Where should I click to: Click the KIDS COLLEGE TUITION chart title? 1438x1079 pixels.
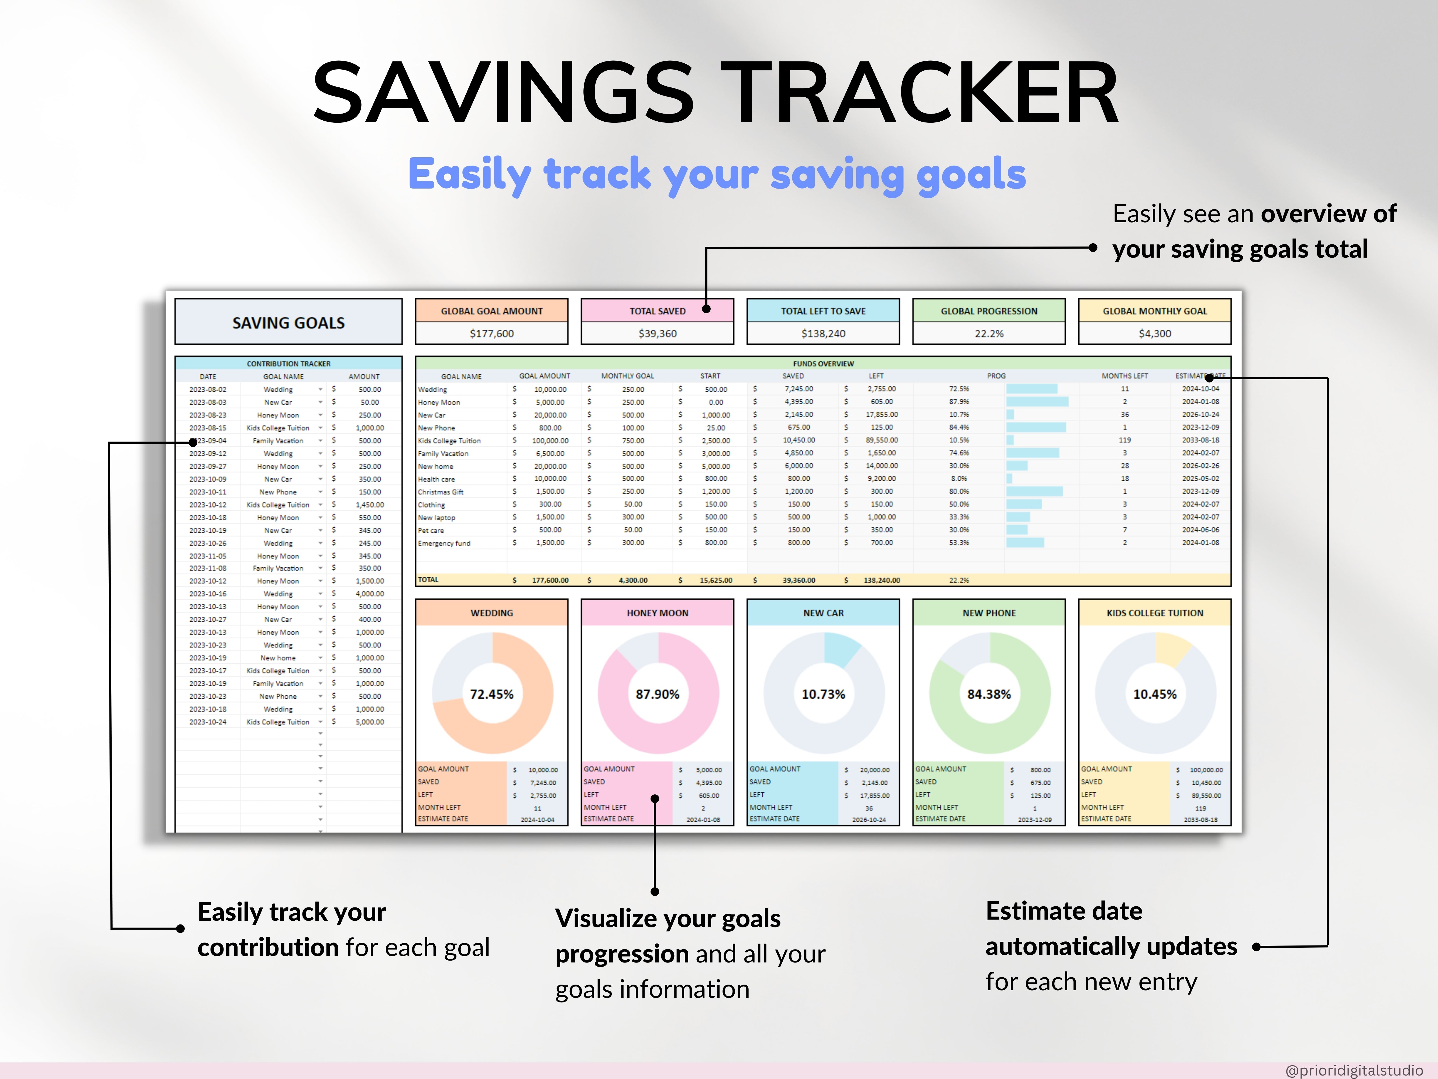click(x=1155, y=613)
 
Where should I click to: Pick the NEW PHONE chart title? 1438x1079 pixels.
click(x=989, y=613)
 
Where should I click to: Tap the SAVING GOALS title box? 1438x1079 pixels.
click(x=289, y=323)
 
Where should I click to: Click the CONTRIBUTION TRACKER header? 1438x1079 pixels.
click(x=289, y=364)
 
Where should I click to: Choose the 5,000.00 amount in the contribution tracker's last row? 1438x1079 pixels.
click(x=369, y=722)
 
